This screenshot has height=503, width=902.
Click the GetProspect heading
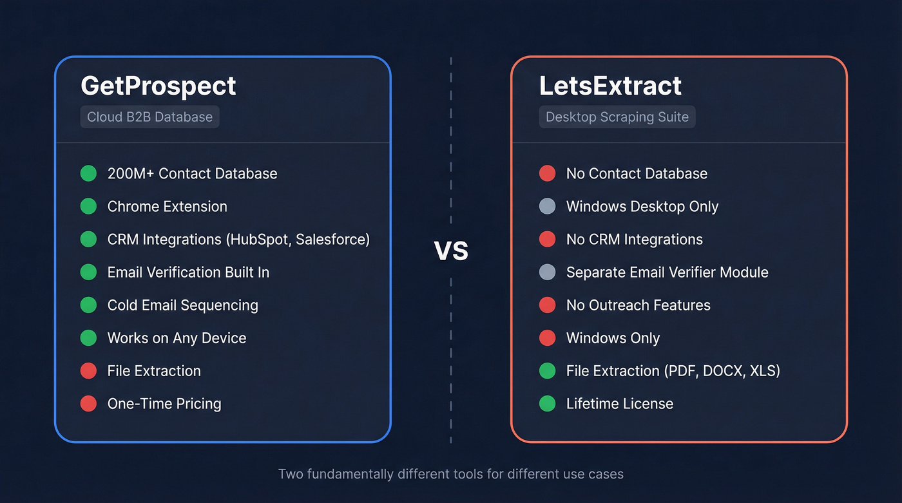158,86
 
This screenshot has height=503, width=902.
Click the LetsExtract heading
610,86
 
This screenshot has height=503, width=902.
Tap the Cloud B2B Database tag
149,117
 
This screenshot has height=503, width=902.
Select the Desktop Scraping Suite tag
617,117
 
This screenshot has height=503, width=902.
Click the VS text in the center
451,251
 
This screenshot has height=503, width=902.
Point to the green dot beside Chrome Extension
88,207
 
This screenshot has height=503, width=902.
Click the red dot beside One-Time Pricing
88,404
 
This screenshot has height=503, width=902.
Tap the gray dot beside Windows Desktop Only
547,207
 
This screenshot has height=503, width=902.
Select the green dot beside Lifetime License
547,404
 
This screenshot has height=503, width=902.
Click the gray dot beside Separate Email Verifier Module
547,272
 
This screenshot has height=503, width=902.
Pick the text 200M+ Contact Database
192,174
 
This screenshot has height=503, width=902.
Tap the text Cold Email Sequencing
182,305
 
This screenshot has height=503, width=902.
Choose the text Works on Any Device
177,338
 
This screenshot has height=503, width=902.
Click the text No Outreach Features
638,305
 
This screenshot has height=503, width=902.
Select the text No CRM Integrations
634,240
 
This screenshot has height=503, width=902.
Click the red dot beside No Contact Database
547,174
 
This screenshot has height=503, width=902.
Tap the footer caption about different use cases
450,475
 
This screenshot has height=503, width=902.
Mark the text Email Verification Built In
188,272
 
